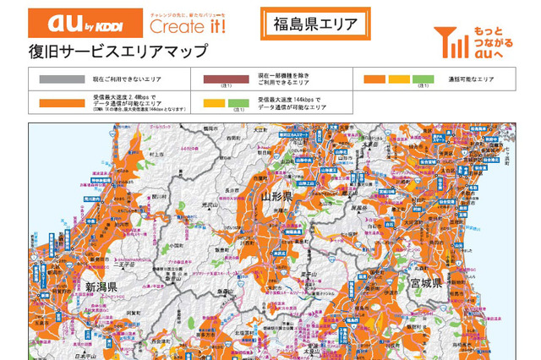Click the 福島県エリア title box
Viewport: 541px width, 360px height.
click(x=315, y=24)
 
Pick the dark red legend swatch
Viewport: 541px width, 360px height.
click(x=227, y=79)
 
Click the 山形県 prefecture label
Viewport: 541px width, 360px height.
click(x=276, y=197)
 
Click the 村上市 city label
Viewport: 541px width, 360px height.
click(x=156, y=155)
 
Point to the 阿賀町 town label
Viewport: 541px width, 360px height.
click(x=131, y=313)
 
